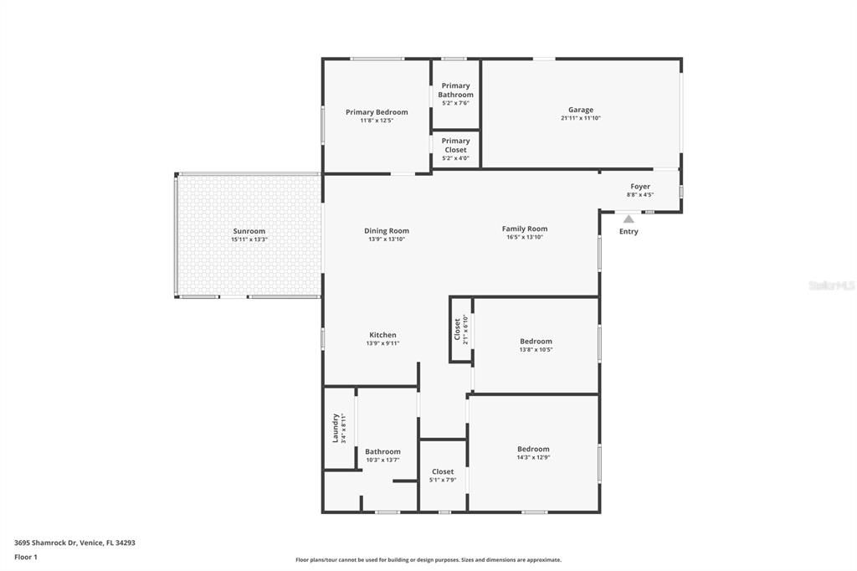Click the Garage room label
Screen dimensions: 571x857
point(581,110)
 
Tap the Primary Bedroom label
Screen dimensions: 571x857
point(377,112)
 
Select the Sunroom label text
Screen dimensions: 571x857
point(249,231)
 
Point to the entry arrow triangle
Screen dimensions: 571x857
point(629,219)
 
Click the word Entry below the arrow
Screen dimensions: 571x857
point(629,232)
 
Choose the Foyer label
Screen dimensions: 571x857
point(640,187)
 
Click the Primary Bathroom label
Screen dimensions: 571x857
point(455,90)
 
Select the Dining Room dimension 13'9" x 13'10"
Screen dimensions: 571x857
point(387,239)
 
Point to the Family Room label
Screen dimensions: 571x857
point(525,229)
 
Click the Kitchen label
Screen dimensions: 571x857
point(382,335)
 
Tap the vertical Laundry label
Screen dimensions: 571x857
point(336,428)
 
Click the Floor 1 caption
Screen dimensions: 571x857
point(26,557)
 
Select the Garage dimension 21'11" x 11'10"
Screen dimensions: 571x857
point(581,119)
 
